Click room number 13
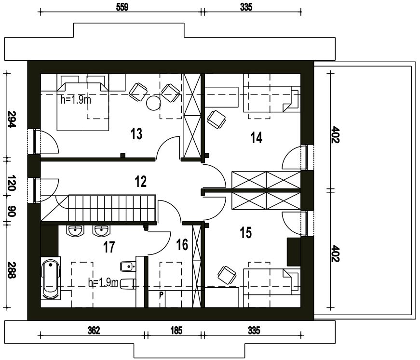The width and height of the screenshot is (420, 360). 136,134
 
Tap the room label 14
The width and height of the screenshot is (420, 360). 256,138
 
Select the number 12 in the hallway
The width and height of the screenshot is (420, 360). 141,182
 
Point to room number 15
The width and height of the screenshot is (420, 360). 246,232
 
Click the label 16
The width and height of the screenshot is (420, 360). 182,245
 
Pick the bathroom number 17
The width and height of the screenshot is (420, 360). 109,247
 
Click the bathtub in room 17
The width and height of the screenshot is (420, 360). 50,280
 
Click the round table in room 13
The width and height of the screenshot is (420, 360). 153,103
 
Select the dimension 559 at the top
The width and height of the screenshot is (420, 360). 122,7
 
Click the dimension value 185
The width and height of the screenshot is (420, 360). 176,331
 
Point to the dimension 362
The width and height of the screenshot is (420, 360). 94,331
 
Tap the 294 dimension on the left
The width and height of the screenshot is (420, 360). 11,119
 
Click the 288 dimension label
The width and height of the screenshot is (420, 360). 11,270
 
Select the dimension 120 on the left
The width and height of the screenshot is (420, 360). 11,183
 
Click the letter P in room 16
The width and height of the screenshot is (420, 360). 161,295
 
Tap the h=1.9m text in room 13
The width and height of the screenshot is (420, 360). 76,100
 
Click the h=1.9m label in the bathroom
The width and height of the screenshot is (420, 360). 103,282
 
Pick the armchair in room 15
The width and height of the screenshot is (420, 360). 227,275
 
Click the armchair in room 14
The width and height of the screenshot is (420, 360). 217,120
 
